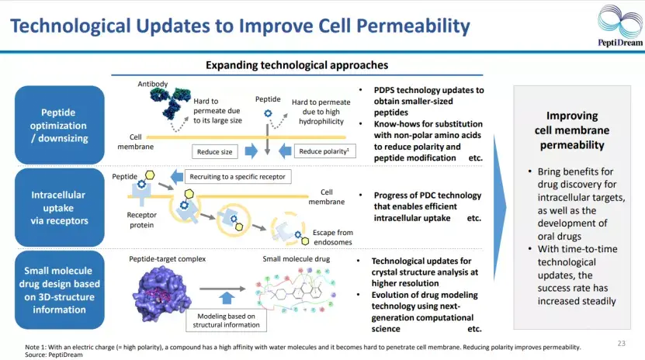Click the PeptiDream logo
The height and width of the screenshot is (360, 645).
point(619,26)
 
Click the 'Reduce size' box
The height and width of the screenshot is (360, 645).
point(214,151)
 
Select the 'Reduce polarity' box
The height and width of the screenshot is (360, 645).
point(324,151)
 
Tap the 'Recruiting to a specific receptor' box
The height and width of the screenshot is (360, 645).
point(238,177)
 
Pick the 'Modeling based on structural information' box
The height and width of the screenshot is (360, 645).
point(226,320)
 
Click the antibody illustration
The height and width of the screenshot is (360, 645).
point(169,102)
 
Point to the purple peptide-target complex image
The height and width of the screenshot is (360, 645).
point(161,293)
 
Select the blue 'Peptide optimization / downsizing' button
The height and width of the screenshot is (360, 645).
point(59,125)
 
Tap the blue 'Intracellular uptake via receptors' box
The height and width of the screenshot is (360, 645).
point(59,207)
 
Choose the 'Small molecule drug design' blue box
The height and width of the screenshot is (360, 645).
point(59,290)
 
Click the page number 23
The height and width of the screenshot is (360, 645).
point(621,343)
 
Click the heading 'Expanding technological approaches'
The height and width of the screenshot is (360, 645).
point(296,65)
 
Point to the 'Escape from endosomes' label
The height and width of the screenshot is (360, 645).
point(332,237)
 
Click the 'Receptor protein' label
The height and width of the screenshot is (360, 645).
point(141,220)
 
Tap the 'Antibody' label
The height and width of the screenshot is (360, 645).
point(153,84)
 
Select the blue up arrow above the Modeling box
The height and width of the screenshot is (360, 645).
point(226,298)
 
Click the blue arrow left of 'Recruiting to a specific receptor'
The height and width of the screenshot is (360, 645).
point(177,177)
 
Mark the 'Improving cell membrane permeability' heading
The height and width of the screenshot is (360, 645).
point(572,130)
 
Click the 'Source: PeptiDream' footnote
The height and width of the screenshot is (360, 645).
point(54,355)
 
